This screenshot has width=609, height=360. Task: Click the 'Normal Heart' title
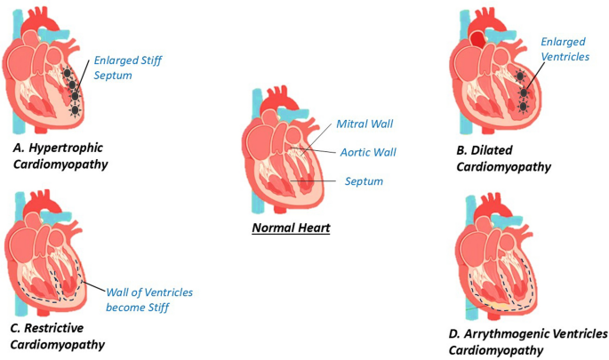click(x=292, y=229)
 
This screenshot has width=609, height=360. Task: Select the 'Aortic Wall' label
click(x=367, y=153)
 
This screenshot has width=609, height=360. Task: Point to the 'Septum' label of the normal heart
click(x=365, y=181)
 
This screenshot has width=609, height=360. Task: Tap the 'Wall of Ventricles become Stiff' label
click(x=149, y=300)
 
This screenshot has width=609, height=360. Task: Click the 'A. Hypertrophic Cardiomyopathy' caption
click(x=72, y=152)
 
